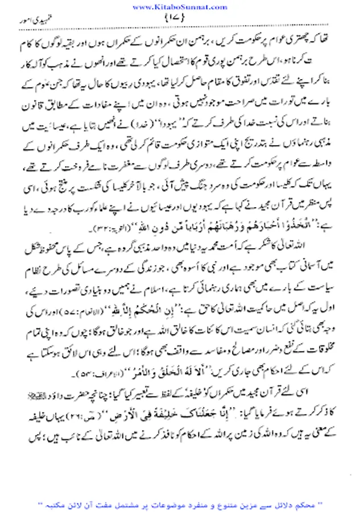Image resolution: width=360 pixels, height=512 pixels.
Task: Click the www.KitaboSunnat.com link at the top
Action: click(180, 6)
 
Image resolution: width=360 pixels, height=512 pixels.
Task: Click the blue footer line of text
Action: click(181, 505)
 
